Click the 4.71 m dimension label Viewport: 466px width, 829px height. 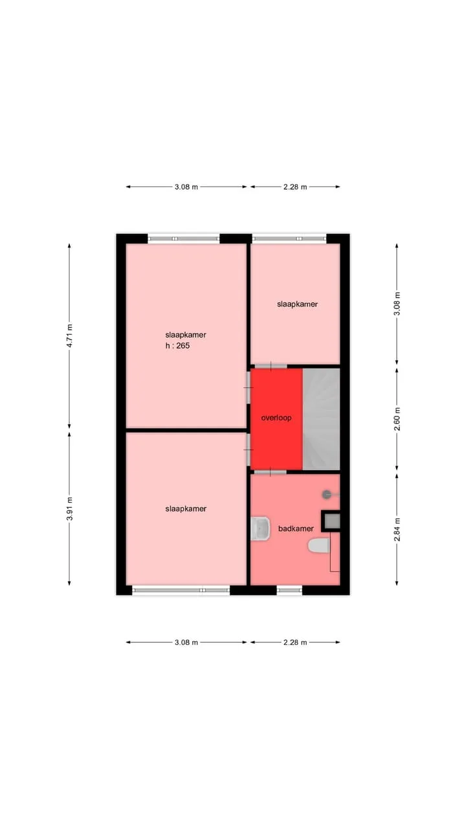pyautogui.click(x=69, y=335)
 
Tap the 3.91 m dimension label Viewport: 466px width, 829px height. pyautogui.click(x=69, y=509)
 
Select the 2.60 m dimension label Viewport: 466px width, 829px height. pyautogui.click(x=397, y=419)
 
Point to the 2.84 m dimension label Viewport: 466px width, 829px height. pyautogui.click(x=397, y=529)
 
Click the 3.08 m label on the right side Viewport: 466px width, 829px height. pyautogui.click(x=397, y=304)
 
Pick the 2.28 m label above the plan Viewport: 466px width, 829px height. pyautogui.click(x=295, y=187)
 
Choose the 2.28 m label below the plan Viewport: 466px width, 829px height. pyautogui.click(x=295, y=642)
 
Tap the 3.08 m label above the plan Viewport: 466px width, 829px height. pyautogui.click(x=186, y=187)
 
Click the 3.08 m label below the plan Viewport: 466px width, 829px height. pyautogui.click(x=186, y=642)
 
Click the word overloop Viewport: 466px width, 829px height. pyautogui.click(x=276, y=418)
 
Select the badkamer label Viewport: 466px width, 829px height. pyautogui.click(x=296, y=528)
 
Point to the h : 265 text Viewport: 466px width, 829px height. pyautogui.click(x=177, y=346)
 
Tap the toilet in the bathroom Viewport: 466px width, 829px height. pyautogui.click(x=319, y=545)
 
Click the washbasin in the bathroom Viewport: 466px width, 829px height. pyautogui.click(x=260, y=528)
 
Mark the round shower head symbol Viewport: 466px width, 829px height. pyautogui.click(x=327, y=494)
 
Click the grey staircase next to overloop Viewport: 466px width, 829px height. pyautogui.click(x=322, y=419)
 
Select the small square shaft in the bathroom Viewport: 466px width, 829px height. pyautogui.click(x=331, y=521)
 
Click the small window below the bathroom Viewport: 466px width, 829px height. pyautogui.click(x=289, y=590)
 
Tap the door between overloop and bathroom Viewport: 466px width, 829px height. pyautogui.click(x=271, y=472)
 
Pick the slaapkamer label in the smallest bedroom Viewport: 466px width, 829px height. pyautogui.click(x=297, y=304)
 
